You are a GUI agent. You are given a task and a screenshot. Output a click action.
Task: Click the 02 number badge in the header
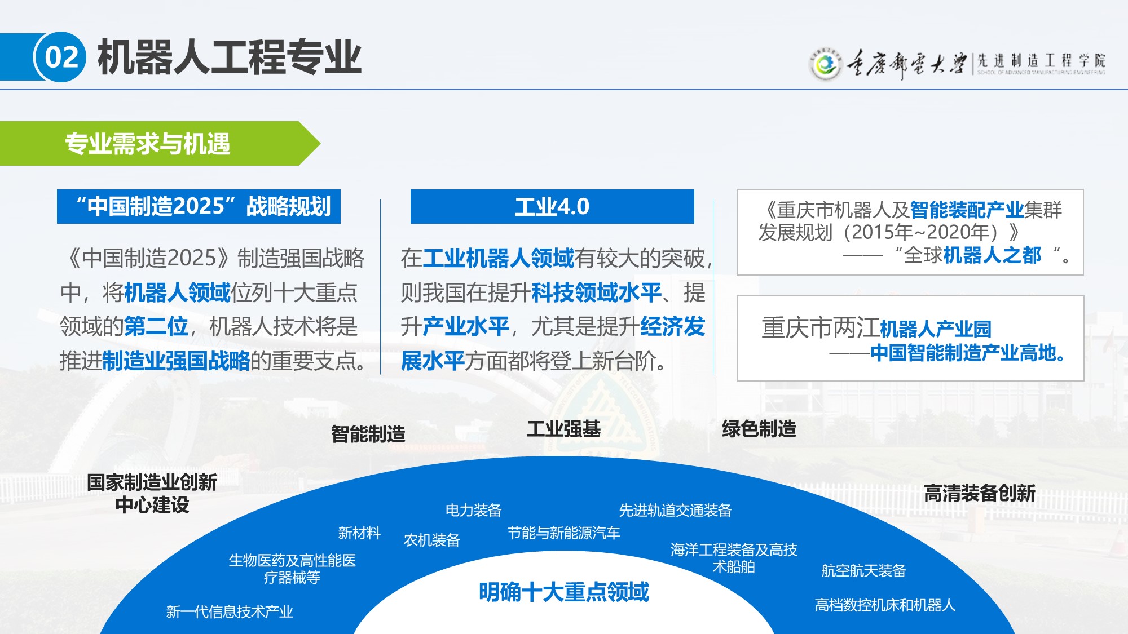[x=60, y=57]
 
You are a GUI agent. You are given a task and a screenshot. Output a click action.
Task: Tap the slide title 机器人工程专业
[x=230, y=57]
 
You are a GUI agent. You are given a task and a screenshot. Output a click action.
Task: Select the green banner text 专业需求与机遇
[x=148, y=144]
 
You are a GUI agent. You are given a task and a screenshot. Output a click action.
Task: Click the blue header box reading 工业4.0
[x=552, y=207]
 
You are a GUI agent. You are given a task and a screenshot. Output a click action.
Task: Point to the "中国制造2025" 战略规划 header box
[x=199, y=207]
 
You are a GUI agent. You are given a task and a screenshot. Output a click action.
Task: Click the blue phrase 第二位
[x=156, y=326]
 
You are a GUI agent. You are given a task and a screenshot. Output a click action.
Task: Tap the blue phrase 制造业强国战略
[x=176, y=361]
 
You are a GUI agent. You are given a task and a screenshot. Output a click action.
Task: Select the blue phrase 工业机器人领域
[x=499, y=258]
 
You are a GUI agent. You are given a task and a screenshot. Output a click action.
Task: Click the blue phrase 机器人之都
[x=992, y=255]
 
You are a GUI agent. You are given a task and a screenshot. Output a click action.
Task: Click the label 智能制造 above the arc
[x=368, y=434]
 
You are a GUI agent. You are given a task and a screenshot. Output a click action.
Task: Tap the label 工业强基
[x=563, y=429]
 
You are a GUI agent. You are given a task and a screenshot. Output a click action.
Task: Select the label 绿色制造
[x=759, y=429]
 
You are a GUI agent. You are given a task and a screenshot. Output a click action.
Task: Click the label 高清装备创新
[x=980, y=493]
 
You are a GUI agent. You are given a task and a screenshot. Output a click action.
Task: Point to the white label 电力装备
[x=474, y=510]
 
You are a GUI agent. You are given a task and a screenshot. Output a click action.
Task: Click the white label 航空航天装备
[x=863, y=571]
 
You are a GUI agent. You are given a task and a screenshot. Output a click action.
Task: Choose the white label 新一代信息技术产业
[x=230, y=611]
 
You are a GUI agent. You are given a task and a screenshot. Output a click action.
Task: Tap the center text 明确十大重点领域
[x=564, y=592]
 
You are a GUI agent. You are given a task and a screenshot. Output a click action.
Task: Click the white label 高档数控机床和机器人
[x=885, y=605]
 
